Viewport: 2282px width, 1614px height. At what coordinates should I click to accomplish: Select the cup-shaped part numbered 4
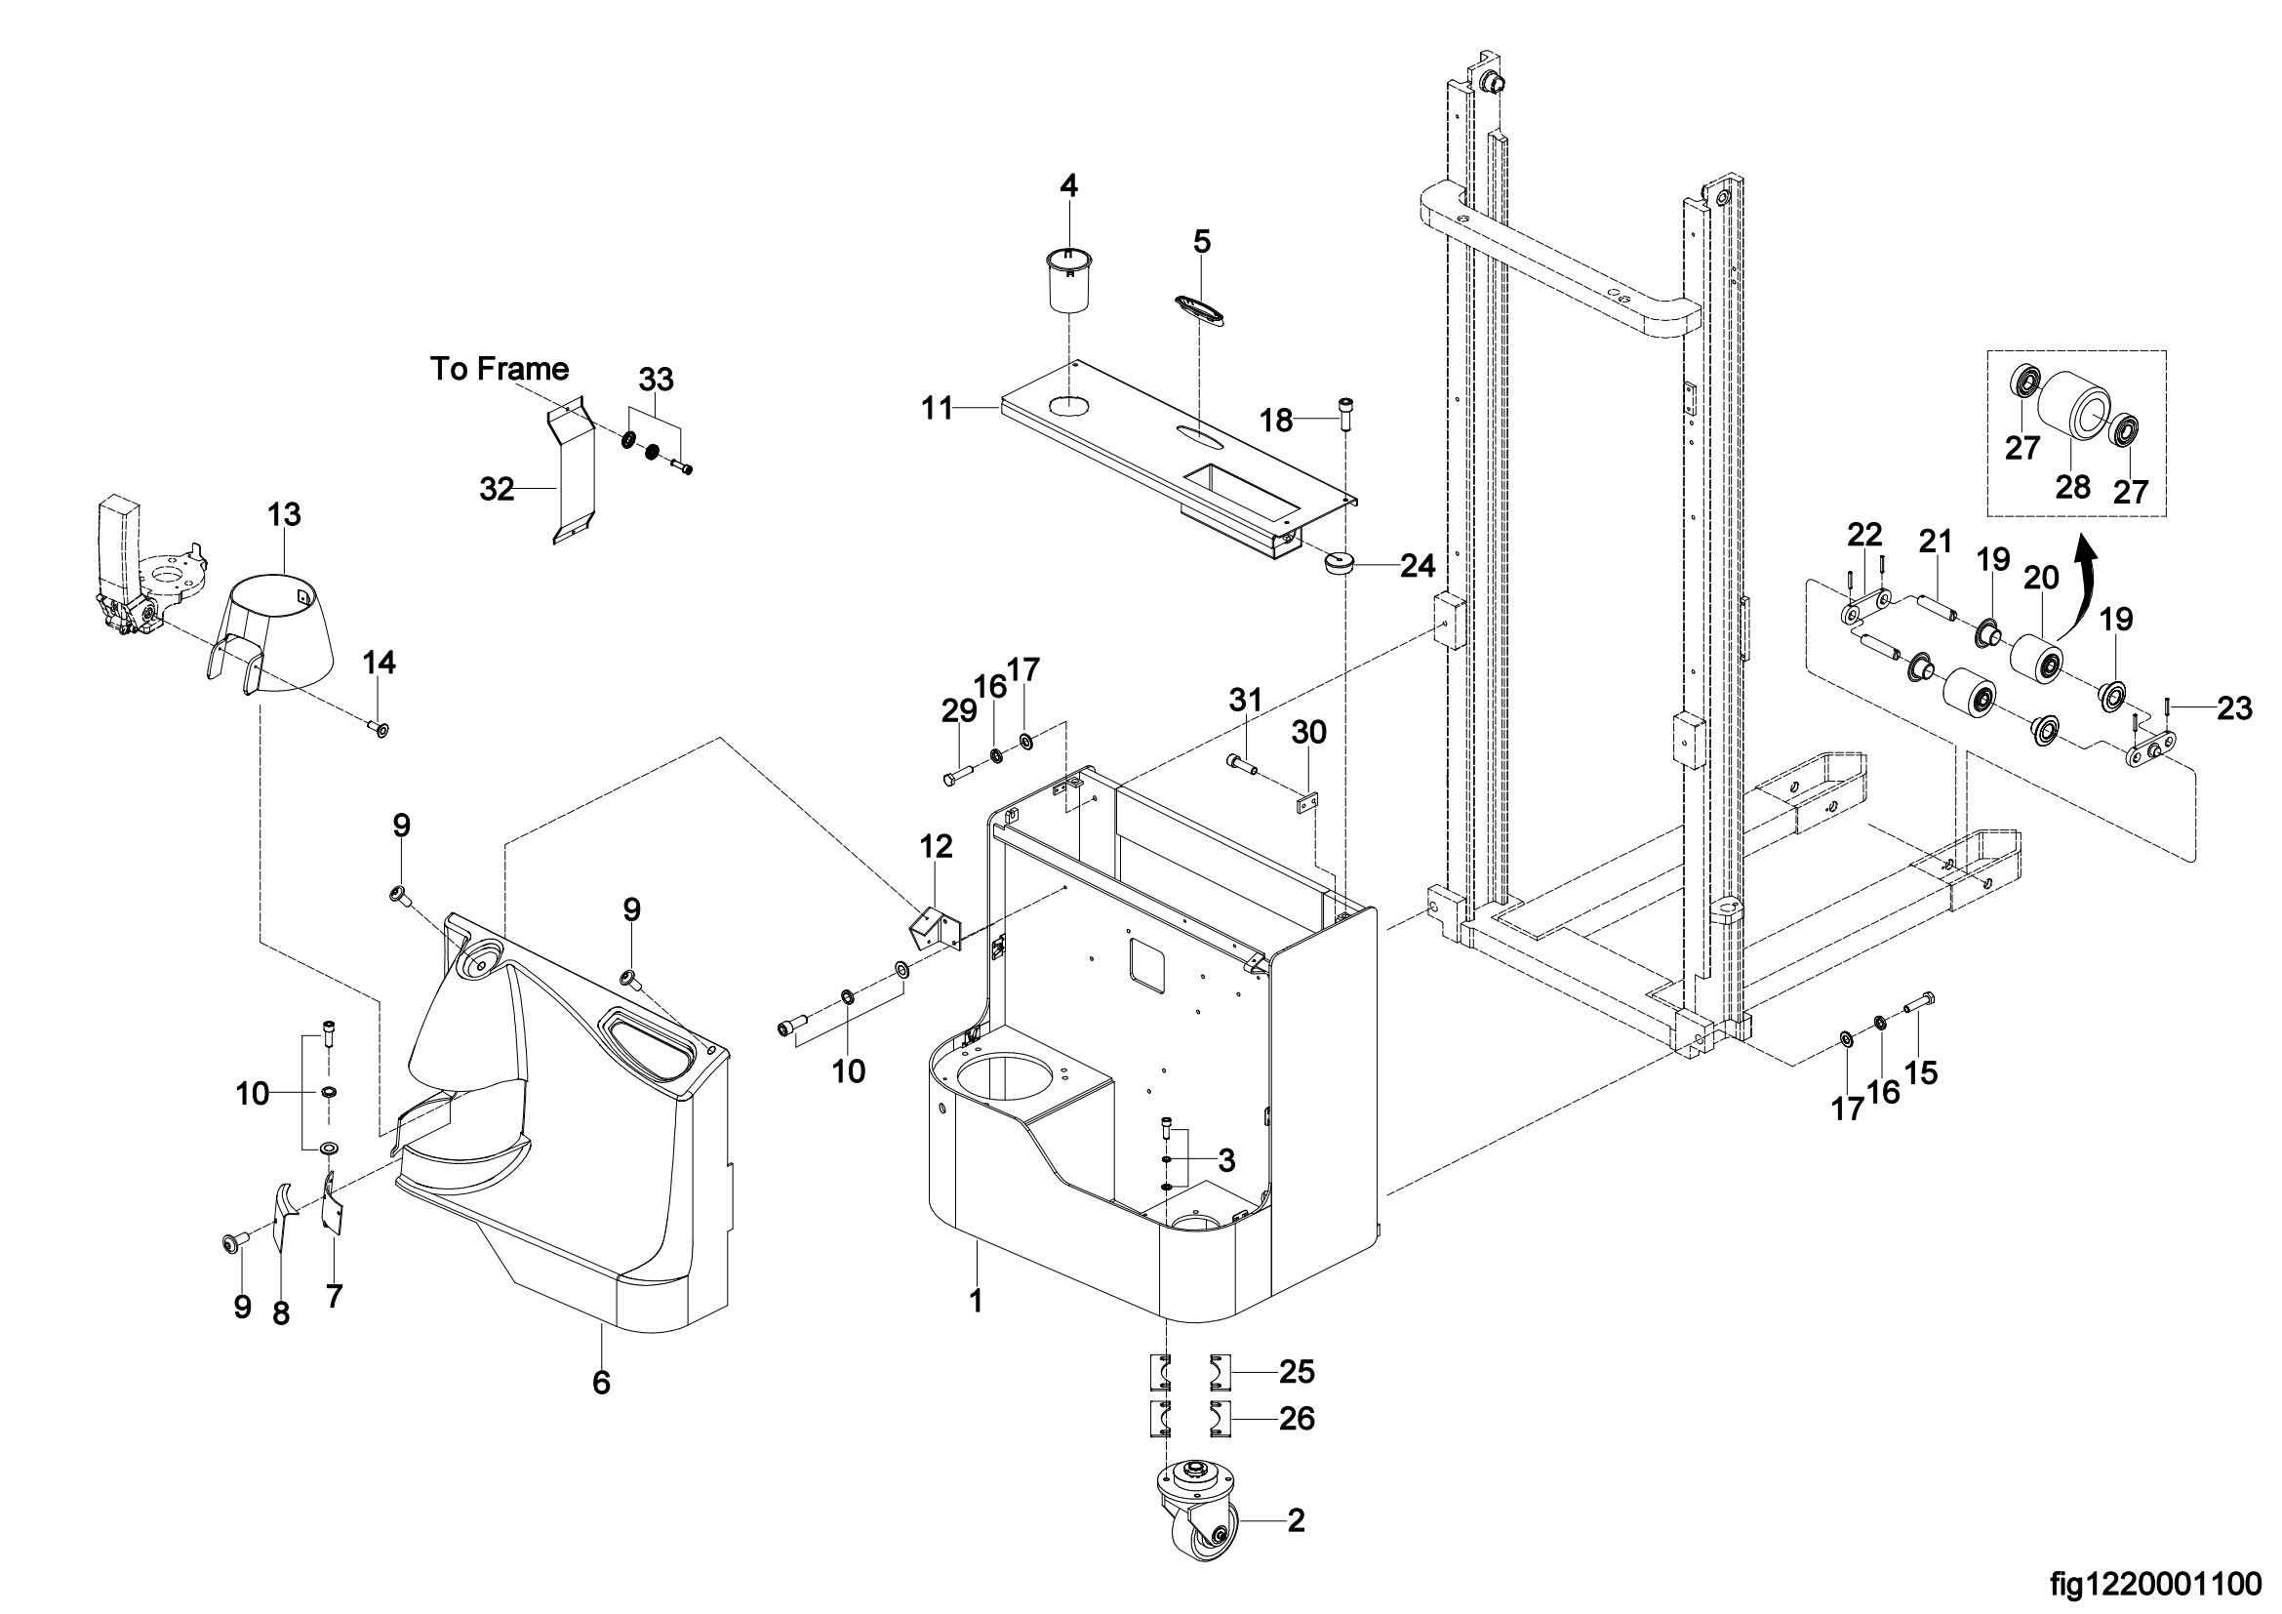coord(1068,279)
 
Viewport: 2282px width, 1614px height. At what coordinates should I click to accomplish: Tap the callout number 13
coord(284,515)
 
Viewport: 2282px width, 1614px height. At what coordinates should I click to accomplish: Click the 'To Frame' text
coord(499,369)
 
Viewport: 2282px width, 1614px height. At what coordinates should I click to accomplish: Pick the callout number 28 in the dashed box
coord(2073,487)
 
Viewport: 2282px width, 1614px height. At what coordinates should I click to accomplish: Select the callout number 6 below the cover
coord(601,1383)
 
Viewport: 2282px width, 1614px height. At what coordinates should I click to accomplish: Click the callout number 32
coord(497,489)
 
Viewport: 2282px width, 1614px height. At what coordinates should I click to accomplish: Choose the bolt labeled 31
coord(1242,763)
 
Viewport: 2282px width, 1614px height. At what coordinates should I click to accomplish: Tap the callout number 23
coord(2234,708)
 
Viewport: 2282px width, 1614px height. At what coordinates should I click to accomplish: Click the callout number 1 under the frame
coord(976,1301)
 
